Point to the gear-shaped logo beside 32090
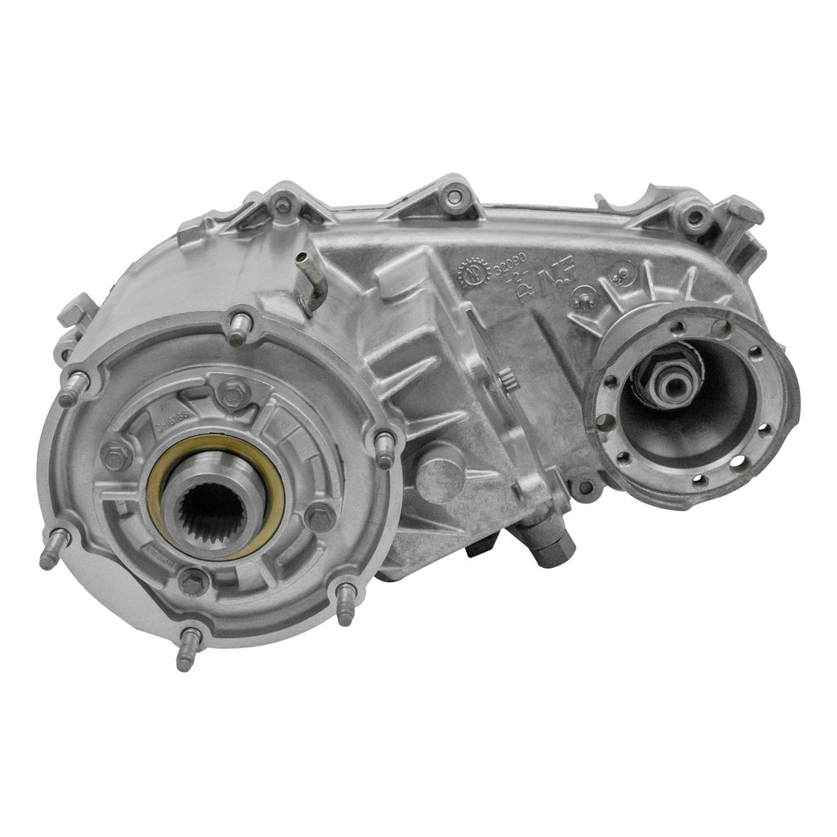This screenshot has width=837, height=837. [474, 273]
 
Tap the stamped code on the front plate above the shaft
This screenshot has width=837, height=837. [168, 424]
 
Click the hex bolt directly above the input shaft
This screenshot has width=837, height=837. [235, 392]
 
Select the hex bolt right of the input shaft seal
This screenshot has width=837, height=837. [320, 516]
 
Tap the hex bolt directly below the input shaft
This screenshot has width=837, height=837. [194, 582]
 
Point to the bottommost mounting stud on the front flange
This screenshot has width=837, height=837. [186, 650]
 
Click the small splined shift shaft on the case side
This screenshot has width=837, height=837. [506, 379]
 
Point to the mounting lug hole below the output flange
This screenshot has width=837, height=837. [584, 488]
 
